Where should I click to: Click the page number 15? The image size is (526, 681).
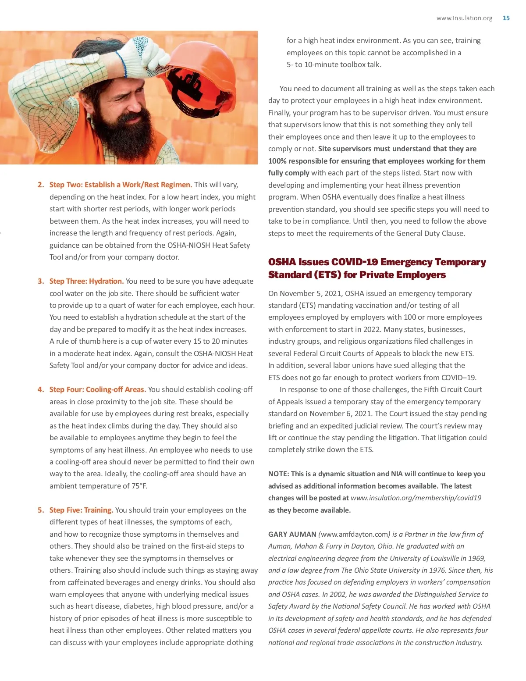506,18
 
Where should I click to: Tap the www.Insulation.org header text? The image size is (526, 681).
464,18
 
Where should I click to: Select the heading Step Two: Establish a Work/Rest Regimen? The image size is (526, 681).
121,185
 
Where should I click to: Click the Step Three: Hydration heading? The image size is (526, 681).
86,281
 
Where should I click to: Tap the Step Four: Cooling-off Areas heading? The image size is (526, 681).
97,389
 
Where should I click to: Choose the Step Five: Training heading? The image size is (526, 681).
81,510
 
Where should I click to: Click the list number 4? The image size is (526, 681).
40,389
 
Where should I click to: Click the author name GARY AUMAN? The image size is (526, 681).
292,534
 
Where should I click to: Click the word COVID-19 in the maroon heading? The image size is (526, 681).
355,262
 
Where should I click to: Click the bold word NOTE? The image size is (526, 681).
278,474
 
